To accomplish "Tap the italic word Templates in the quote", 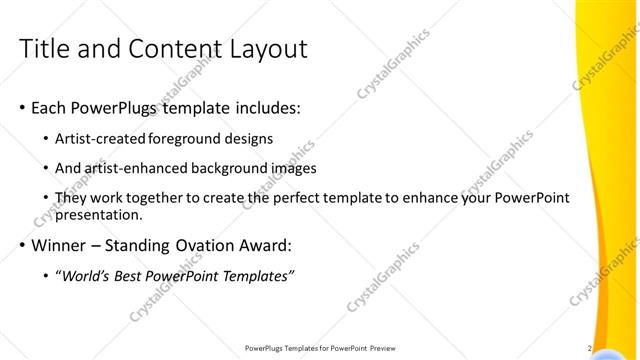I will pos(257,275).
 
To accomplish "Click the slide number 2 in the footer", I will pos(590,348).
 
